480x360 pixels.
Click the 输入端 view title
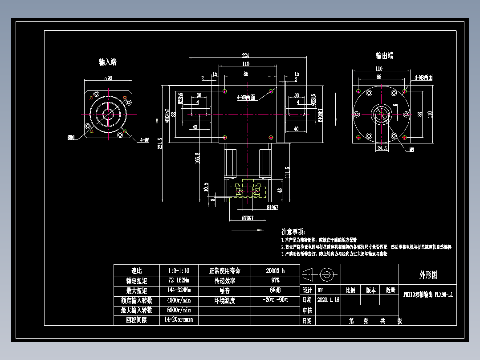coord(108,62)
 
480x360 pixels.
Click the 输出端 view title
coord(384,56)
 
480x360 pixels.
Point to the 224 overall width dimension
coord(245,55)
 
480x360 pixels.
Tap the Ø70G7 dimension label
coord(248,218)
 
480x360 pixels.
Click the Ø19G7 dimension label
coord(272,207)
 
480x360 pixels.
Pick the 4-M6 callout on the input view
coord(144,140)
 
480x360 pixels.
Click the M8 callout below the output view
coord(412,150)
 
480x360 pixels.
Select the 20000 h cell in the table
coord(275,271)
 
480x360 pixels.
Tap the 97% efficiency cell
coord(275,281)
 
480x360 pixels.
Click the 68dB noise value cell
coord(275,290)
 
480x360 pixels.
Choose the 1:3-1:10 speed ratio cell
coord(179,271)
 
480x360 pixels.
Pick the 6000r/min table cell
coord(179,310)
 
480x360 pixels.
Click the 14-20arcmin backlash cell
coord(179,320)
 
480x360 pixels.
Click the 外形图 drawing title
coord(428,275)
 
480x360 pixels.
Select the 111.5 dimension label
coord(287,172)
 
